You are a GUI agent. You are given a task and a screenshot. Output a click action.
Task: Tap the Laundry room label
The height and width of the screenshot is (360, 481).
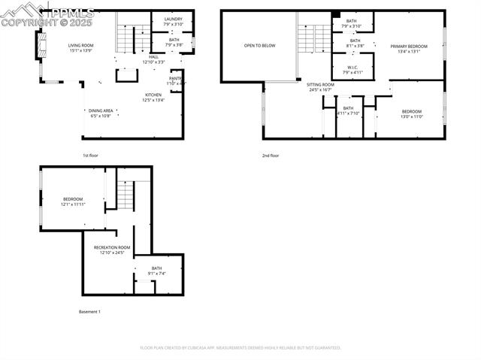pyautogui.click(x=173, y=22)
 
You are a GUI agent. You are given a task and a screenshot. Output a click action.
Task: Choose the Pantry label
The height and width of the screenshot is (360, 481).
pyautogui.click(x=177, y=80)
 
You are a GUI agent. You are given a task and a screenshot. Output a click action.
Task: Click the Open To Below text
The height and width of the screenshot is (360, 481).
pyautogui.click(x=259, y=46)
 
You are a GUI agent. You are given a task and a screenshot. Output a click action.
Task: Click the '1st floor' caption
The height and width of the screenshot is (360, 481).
pyautogui.click(x=90, y=156)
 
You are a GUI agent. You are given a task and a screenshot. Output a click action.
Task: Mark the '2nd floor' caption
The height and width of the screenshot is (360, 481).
pyautogui.click(x=270, y=156)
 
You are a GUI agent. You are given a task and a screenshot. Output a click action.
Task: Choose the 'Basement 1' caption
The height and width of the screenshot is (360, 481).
pyautogui.click(x=89, y=311)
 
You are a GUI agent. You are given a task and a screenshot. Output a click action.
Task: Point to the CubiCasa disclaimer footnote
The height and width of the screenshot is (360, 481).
pyautogui.click(x=240, y=348)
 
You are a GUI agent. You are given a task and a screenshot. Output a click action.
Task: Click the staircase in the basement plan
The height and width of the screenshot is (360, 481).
pyautogui.click(x=125, y=195)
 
